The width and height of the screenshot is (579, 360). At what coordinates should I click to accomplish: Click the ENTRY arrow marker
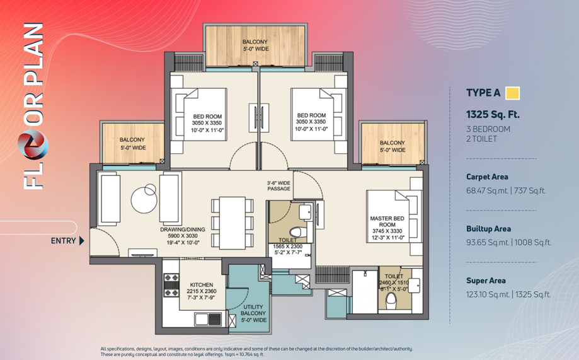coord(82,241)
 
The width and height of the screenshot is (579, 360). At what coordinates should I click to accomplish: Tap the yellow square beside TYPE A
coord(512,93)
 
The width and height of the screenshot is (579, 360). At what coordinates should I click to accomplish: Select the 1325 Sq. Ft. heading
coord(493,115)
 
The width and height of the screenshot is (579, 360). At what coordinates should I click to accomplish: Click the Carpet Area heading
coord(487,177)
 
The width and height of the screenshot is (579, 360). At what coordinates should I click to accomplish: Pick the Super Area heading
coord(486,281)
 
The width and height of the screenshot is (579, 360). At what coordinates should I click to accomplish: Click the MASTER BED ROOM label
coord(387,221)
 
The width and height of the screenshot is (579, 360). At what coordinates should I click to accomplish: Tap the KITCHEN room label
coord(201,284)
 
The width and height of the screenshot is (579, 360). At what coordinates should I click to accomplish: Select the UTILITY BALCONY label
coord(253,310)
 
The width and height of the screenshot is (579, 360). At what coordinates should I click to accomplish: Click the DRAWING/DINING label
coord(183,229)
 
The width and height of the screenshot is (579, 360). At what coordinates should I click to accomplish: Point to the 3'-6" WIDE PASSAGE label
coord(278,185)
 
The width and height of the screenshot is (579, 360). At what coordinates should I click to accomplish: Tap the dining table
coord(232,223)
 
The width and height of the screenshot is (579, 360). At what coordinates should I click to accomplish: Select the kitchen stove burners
coord(171,285)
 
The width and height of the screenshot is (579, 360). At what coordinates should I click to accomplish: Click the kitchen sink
coord(208,319)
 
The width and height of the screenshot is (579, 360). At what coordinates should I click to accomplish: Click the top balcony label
coord(255,45)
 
